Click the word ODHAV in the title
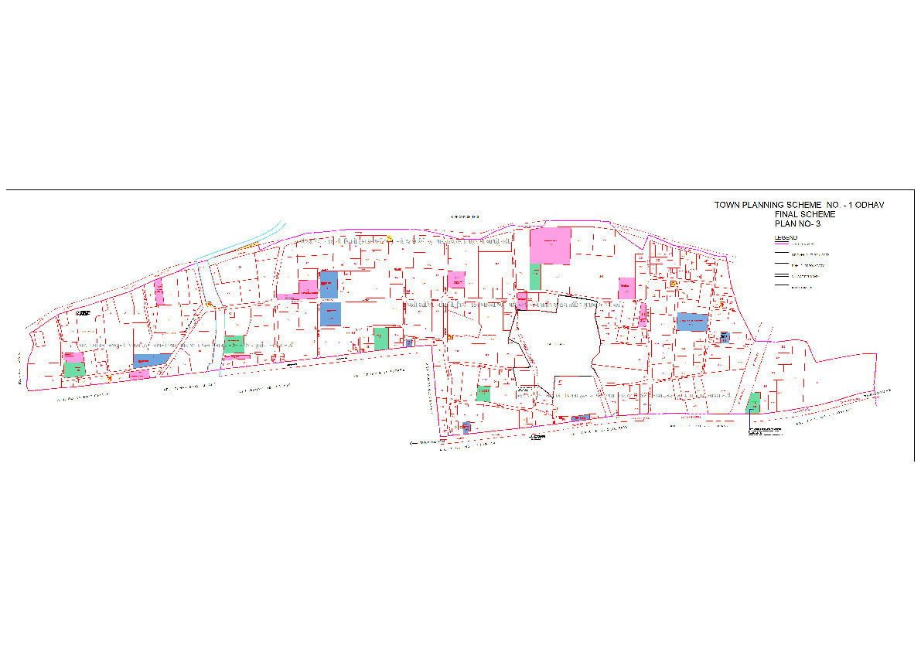click(x=868, y=205)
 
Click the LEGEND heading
click(x=786, y=237)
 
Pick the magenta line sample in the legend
click(x=780, y=244)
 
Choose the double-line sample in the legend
click(x=780, y=276)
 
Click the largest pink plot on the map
click(x=550, y=246)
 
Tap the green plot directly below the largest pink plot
click(x=535, y=277)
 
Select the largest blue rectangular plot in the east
click(x=692, y=322)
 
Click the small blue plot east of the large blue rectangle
click(x=724, y=337)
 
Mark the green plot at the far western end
click(x=74, y=370)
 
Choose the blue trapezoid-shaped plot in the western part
click(x=152, y=360)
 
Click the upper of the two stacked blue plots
click(x=329, y=285)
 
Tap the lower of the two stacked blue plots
click(x=330, y=314)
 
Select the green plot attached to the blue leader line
click(x=754, y=402)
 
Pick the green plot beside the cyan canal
click(x=234, y=344)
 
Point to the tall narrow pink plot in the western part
click(x=159, y=291)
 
